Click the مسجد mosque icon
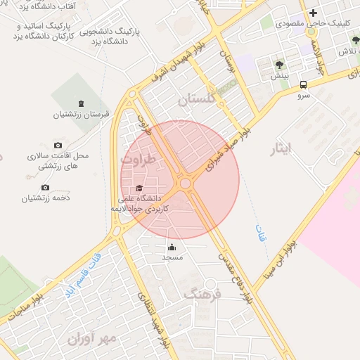tap(172, 247)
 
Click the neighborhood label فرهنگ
tap(202, 294)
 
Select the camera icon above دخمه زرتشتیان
tap(46, 187)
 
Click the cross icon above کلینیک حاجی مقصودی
tap(313, 13)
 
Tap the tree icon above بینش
tap(280, 65)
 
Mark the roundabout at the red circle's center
tap(186, 184)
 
